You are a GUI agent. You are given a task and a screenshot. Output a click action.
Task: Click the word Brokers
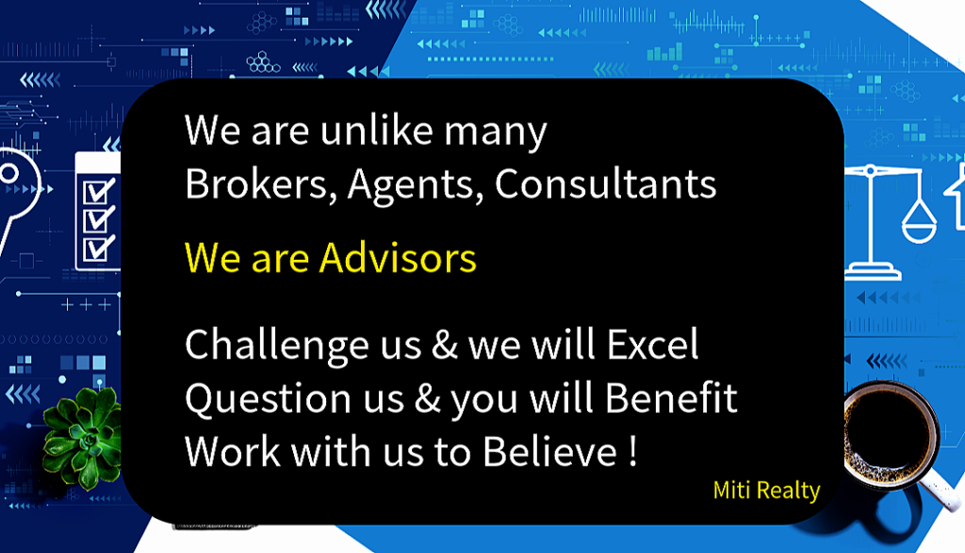[x=257, y=184]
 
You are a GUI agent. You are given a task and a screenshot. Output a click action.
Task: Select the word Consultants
[x=606, y=184]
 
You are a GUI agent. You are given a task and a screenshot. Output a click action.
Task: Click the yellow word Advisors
[x=398, y=258]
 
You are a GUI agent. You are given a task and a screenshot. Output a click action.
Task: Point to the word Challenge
[x=276, y=346]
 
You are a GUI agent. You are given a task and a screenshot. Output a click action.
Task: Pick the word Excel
[x=652, y=344]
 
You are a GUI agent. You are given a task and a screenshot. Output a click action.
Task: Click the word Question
[x=269, y=398]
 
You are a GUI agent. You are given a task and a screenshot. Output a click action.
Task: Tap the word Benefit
[x=671, y=398]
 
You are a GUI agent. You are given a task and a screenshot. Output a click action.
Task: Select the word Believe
[x=549, y=451]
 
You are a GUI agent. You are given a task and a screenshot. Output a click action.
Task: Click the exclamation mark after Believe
[x=633, y=452]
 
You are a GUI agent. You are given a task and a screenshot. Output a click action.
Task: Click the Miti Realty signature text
[x=766, y=490]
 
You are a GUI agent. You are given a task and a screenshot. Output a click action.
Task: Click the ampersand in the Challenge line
[x=445, y=345]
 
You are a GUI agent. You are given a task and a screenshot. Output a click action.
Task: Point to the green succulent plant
[x=83, y=439]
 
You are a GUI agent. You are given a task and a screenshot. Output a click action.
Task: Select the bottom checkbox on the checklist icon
[x=97, y=249]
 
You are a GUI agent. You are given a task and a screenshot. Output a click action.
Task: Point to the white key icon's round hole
[x=8, y=172]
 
